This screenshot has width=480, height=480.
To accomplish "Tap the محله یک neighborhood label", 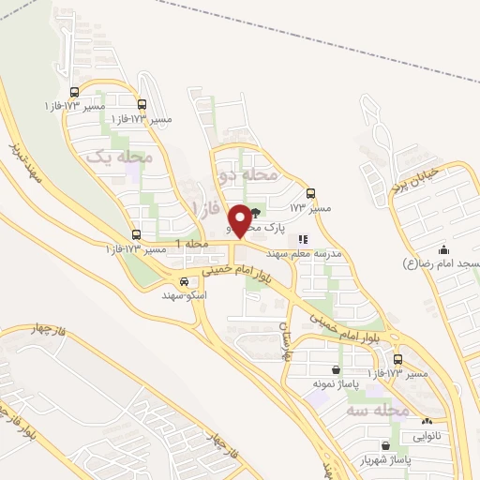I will (119, 157).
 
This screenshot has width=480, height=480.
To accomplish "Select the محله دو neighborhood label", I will (248, 174).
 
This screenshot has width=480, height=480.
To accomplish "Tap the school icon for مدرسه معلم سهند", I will (303, 239).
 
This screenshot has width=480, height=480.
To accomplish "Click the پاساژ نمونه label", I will (337, 384).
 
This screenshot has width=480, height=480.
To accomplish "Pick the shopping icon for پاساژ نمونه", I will (337, 369).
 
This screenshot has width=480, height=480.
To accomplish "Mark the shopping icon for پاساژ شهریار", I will (386, 446).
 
